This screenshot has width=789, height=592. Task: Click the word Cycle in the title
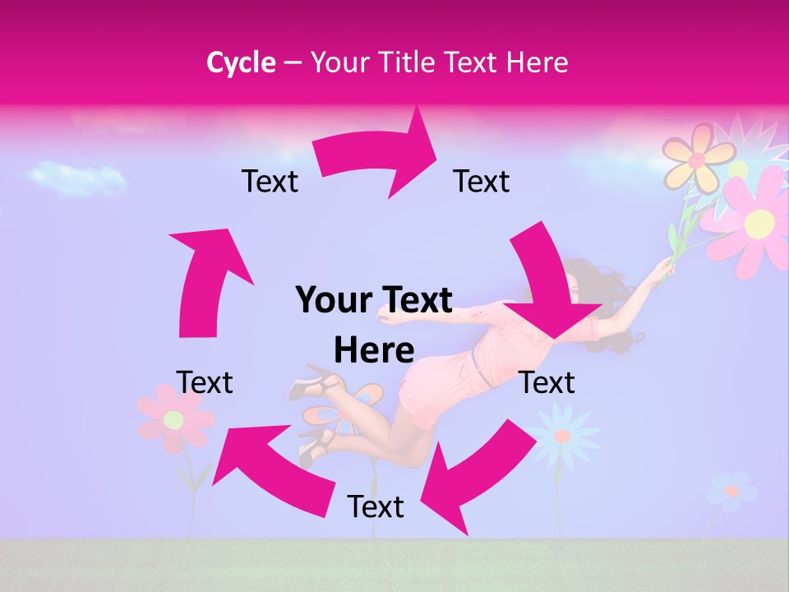click(241, 62)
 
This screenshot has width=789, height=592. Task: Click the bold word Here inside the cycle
click(374, 350)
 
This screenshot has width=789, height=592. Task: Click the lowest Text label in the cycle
click(376, 506)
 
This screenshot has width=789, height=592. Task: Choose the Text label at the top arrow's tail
click(270, 181)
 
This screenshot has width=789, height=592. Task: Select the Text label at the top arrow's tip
click(482, 181)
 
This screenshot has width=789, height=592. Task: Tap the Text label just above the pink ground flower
click(205, 382)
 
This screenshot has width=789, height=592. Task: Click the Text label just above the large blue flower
click(547, 382)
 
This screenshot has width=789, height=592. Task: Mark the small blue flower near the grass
click(731, 491)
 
